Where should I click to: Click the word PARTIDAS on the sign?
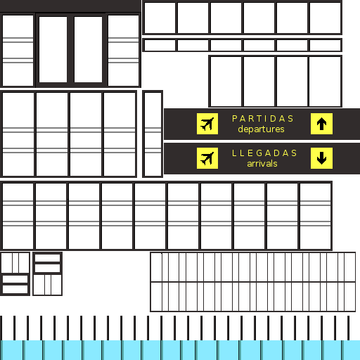[x=262, y=119]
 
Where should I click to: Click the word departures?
[x=261, y=129]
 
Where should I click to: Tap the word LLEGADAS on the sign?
[x=264, y=153]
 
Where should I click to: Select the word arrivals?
[x=262, y=164]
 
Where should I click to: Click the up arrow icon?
[x=321, y=124]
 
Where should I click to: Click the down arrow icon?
[x=321, y=158]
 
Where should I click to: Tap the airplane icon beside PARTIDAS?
[x=207, y=124]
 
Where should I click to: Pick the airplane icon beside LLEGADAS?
[x=207, y=158]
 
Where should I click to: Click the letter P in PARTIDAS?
[x=234, y=119]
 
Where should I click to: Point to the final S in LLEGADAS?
[x=294, y=153]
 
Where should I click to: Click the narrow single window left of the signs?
[x=153, y=134]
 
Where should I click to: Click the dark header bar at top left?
[x=70, y=6]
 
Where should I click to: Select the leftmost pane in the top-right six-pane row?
[x=160, y=18]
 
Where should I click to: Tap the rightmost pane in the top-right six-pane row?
[x=325, y=18]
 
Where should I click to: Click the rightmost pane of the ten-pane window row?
[x=315, y=216]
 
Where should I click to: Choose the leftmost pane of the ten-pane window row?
[x=18, y=216]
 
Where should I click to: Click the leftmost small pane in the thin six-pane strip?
[x=160, y=45]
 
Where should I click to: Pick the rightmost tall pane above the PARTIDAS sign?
[x=325, y=82]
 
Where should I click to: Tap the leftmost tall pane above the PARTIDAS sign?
[x=226, y=82]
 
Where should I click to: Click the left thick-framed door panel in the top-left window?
[x=53, y=49]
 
